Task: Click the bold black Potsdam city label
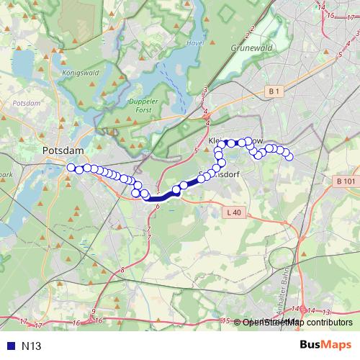tap(64, 150)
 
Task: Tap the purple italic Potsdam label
tap(27, 103)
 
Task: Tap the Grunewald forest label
tap(251, 50)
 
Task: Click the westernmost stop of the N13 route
tap(71, 168)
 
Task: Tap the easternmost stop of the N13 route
tap(290, 158)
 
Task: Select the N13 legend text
tap(32, 346)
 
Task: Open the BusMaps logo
tap(325, 345)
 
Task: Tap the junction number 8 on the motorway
tap(122, 270)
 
